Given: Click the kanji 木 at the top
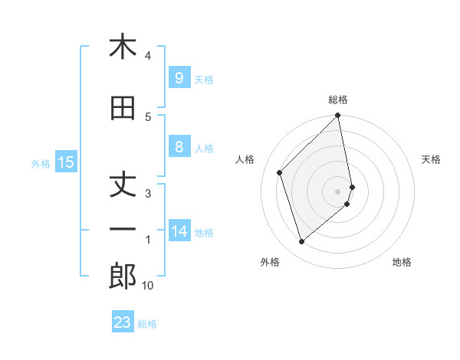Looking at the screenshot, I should pyautogui.click(x=123, y=47).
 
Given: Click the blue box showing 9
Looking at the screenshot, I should pyautogui.click(x=179, y=77).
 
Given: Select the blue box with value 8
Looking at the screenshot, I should pyautogui.click(x=179, y=147).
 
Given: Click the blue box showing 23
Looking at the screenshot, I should pyautogui.click(x=123, y=322).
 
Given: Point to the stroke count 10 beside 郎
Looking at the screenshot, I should pyautogui.click(x=148, y=286).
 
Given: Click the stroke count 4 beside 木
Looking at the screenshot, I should pyautogui.click(x=148, y=56).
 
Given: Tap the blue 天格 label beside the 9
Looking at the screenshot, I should pyautogui.click(x=204, y=79).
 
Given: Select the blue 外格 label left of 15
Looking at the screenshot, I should pyautogui.click(x=40, y=163).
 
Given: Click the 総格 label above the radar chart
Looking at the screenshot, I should pyautogui.click(x=338, y=100).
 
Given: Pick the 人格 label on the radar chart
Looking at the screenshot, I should pyautogui.click(x=245, y=159).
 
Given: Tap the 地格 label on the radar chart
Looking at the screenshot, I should pyautogui.click(x=402, y=263).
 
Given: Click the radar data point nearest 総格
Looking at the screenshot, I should pyautogui.click(x=338, y=116).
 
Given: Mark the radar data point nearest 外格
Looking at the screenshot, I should pyautogui.click(x=301, y=242).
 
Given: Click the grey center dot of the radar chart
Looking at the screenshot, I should pyautogui.click(x=338, y=190).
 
